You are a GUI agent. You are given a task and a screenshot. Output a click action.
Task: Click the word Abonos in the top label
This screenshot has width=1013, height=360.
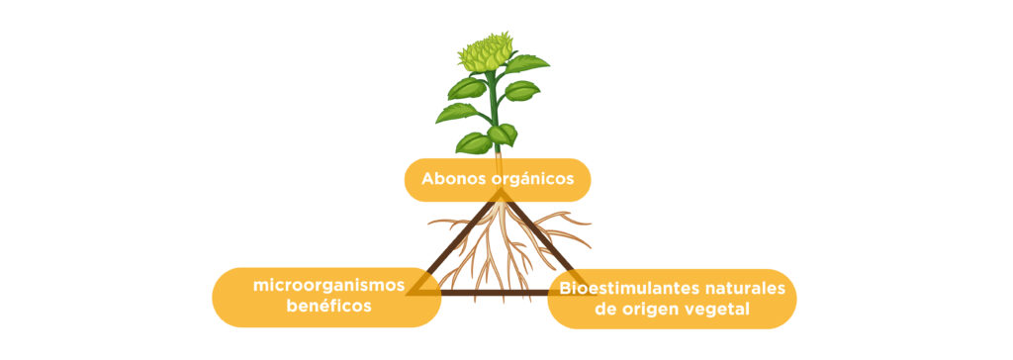(450, 180)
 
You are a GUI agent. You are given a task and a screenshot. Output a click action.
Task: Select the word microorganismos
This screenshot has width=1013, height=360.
(329, 286)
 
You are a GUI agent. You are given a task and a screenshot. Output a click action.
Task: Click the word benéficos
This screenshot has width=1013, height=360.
(328, 307)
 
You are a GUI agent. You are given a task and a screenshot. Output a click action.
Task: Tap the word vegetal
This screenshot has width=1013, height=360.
(715, 310)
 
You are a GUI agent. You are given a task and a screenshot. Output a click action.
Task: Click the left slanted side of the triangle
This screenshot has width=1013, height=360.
(458, 244)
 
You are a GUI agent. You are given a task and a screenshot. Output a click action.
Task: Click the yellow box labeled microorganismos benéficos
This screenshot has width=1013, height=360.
(326, 297)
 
